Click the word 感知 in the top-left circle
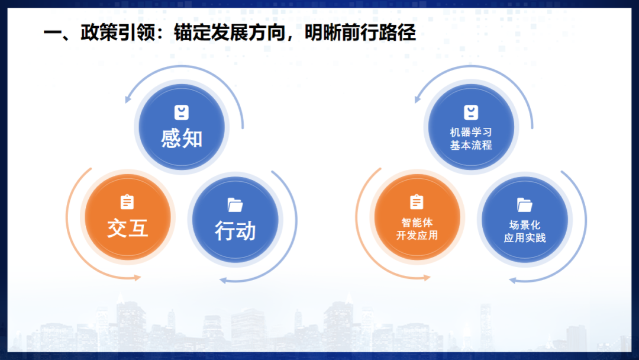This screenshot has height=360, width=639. coord(182,138)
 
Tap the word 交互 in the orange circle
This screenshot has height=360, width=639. coord(128,227)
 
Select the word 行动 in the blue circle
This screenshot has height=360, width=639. coord(235,231)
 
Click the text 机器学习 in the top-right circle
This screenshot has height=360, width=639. coord(471,132)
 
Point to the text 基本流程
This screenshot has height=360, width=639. coord(471,145)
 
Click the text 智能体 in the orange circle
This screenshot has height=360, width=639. coord(417,223)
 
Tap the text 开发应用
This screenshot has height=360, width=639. coord(417,236)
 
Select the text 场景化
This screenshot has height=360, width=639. coord(525,225)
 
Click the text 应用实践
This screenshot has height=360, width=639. coord(525,238)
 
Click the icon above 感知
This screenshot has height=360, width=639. coord(181,112)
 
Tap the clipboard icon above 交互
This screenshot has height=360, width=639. coord(127,202)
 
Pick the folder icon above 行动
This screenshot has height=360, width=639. coord(235,205)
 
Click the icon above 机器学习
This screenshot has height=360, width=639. coord(471,112)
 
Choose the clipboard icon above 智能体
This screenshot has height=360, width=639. coord(417,202)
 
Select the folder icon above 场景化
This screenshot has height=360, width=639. coord(525,205)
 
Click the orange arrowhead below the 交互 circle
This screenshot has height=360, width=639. coord(137,277)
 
